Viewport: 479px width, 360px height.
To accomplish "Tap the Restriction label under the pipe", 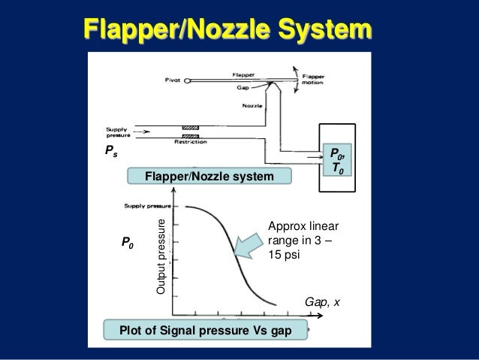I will click(190, 141).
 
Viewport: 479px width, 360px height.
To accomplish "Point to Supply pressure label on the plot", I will click(149, 204).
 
